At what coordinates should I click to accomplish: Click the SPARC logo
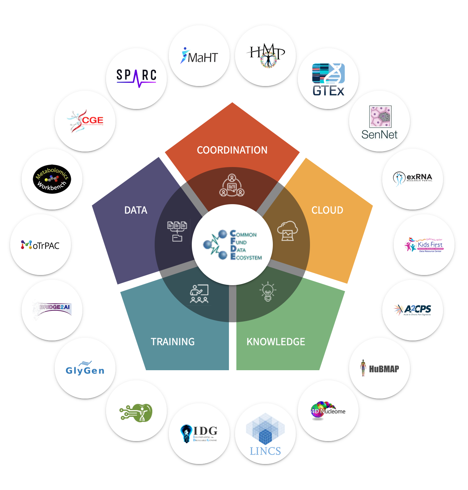(136, 78)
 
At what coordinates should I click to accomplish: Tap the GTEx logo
(328, 80)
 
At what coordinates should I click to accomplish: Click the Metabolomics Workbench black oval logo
(52, 179)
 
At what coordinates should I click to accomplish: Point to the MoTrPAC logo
(41, 245)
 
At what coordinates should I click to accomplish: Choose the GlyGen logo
(85, 369)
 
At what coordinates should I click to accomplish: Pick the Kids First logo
(424, 245)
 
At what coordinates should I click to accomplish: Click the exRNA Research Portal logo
(413, 178)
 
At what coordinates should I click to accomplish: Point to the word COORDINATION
(232, 150)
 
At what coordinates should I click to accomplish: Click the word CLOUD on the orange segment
(327, 210)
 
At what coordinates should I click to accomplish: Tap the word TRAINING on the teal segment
(173, 342)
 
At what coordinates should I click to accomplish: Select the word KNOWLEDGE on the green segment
(276, 342)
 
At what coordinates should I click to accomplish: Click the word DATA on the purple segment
(136, 210)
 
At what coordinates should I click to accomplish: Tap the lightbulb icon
(268, 292)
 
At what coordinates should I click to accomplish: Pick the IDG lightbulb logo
(199, 434)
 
